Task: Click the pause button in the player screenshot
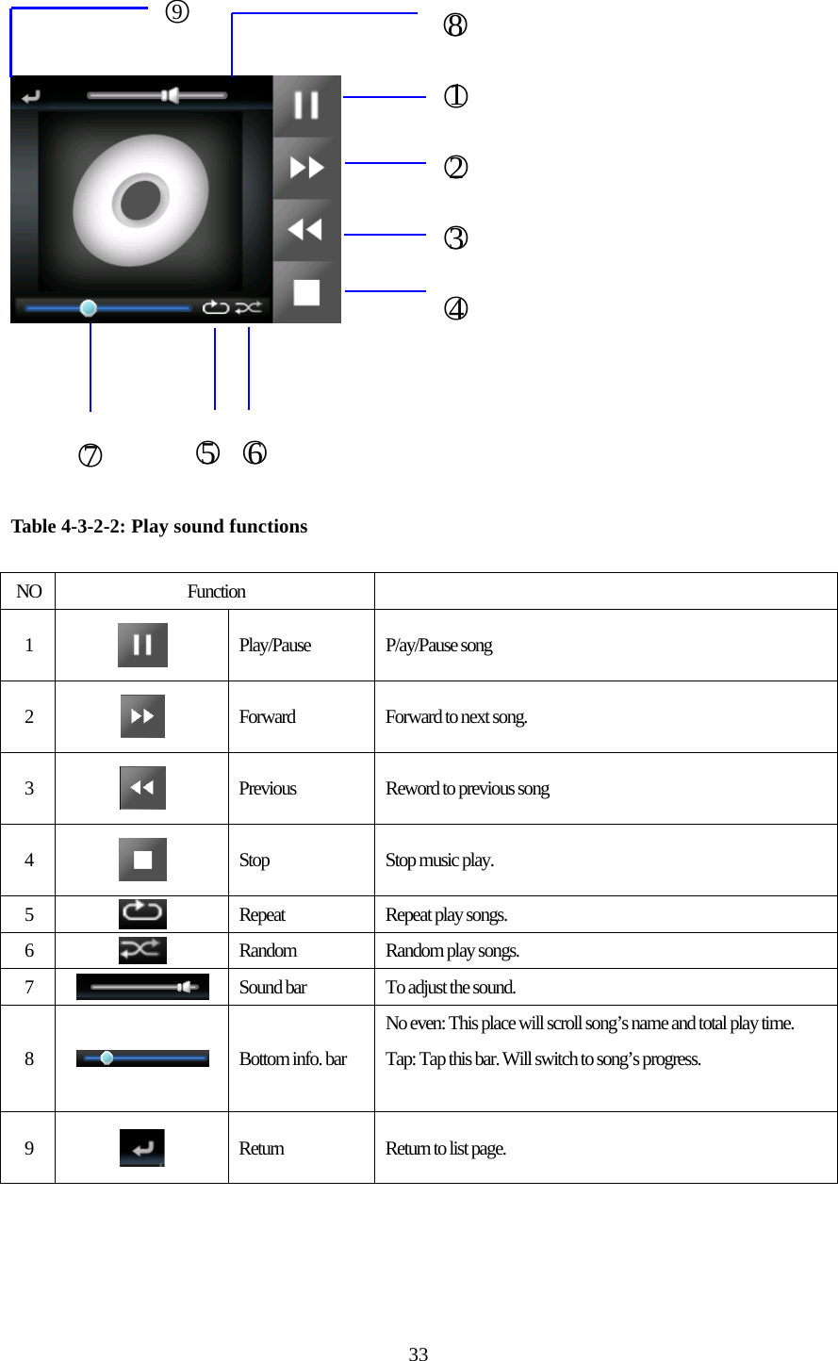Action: tap(306, 106)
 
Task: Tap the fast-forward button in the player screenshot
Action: tap(306, 168)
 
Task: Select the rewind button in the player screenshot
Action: tap(306, 230)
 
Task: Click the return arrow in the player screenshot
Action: tap(31, 96)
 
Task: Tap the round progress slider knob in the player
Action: tap(89, 308)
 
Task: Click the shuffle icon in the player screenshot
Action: tap(249, 307)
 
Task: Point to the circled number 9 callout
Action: tap(176, 12)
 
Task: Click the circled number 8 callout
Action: tap(455, 25)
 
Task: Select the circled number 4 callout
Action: tap(455, 308)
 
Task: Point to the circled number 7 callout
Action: tap(90, 455)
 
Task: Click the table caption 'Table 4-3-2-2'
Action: tap(159, 527)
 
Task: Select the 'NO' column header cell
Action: tap(28, 592)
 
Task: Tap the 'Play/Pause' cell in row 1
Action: tap(275, 646)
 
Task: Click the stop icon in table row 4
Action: tap(142, 860)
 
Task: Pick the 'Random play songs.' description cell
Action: tap(452, 951)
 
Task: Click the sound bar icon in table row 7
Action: tap(142, 987)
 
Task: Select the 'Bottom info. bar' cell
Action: tap(293, 1059)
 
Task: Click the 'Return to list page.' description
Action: tap(446, 1149)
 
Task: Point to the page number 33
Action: tap(419, 1354)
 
